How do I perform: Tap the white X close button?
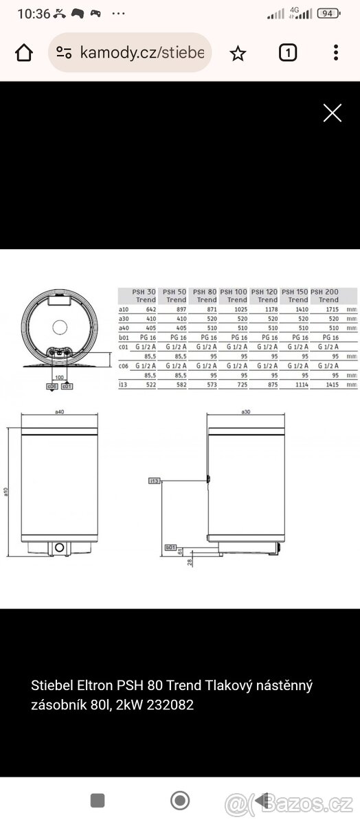point(333,113)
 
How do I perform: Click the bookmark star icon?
point(238,53)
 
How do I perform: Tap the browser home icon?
point(24,53)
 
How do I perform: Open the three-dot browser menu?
point(335,53)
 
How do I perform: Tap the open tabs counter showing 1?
point(288,53)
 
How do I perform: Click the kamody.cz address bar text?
point(142,53)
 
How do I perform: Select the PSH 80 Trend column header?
point(205,296)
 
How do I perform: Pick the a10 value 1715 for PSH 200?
point(330,310)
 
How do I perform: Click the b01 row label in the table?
point(124,338)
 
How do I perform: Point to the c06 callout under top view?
point(52,387)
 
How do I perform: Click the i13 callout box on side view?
point(155,481)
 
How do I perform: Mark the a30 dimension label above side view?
point(245,413)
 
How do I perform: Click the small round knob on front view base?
point(60,547)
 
